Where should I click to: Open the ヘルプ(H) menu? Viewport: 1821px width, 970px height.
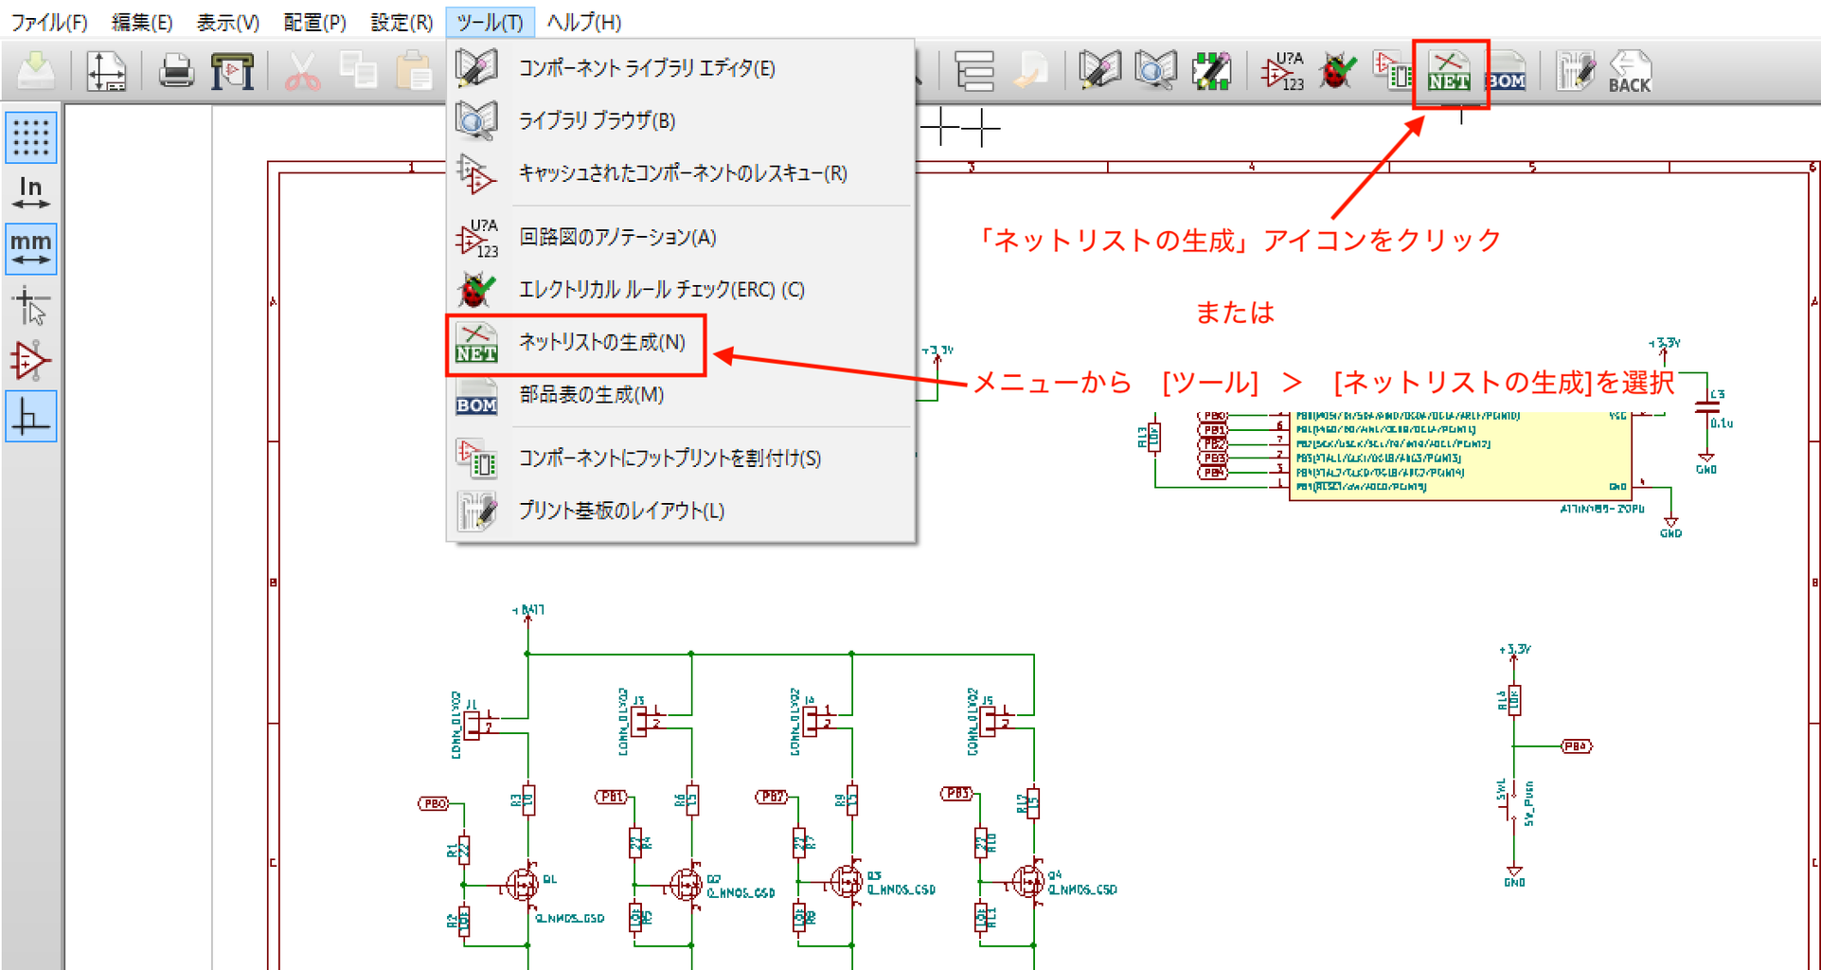(583, 22)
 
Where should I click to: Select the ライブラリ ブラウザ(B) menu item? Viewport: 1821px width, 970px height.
(597, 120)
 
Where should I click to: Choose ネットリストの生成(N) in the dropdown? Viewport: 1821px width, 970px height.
(601, 342)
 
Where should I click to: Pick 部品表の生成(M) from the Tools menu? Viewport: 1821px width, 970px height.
(591, 394)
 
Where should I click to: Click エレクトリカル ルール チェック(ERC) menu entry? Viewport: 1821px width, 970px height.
(661, 290)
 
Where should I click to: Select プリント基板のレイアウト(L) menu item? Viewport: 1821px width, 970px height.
(621, 511)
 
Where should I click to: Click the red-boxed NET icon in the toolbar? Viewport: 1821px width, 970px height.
(1449, 72)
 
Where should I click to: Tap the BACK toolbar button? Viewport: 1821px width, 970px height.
(1629, 72)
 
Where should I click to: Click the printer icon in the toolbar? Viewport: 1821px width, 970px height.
(176, 72)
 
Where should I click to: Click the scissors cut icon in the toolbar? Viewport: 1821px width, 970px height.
(302, 72)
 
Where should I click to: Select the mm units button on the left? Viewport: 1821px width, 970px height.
(31, 249)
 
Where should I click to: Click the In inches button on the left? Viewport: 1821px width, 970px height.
(31, 192)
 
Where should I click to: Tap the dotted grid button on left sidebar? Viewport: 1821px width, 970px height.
(31, 137)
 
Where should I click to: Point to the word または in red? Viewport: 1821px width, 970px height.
(1235, 313)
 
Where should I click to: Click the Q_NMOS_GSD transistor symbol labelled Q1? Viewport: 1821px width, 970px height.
(522, 885)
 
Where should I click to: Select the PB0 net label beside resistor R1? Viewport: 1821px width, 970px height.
(434, 803)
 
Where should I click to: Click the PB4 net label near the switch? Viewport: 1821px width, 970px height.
(1576, 746)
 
